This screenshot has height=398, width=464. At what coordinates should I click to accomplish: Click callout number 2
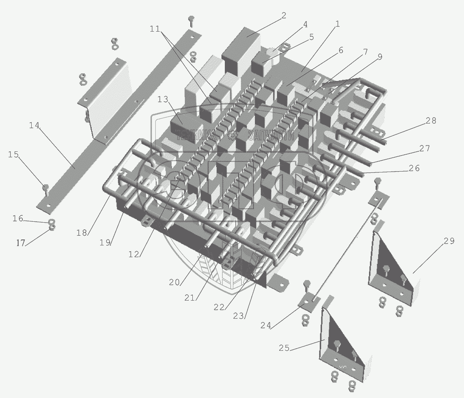(x=283, y=16)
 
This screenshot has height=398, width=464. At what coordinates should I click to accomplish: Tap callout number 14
(x=35, y=125)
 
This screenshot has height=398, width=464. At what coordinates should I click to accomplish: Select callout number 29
(x=448, y=241)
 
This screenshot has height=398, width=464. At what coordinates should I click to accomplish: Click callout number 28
(x=431, y=121)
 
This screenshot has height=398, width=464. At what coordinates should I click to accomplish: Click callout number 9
(x=380, y=57)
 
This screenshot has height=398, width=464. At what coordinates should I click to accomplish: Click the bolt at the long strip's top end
(x=191, y=21)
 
